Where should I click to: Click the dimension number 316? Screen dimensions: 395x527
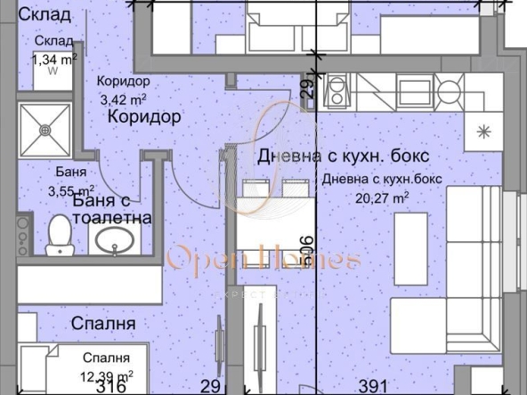click(109, 387)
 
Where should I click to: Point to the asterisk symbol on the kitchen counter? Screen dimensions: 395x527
click(484, 130)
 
